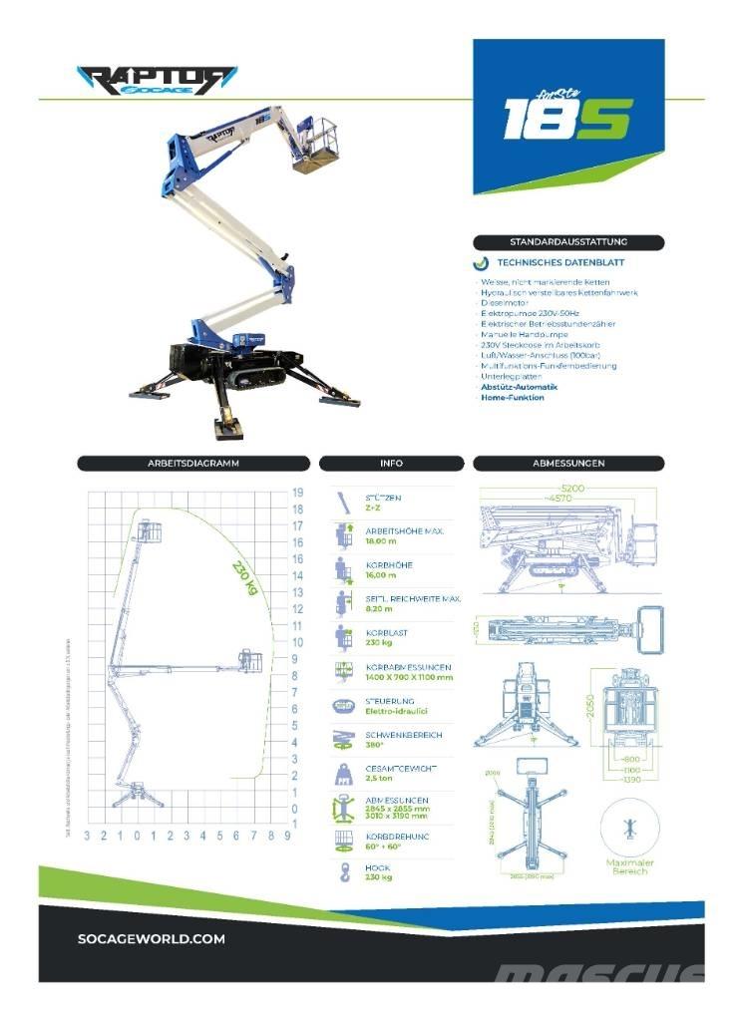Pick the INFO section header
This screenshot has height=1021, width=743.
391,463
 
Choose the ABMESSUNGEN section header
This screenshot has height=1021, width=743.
569,463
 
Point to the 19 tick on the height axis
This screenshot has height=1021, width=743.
297,493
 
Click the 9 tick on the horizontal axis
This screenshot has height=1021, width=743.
287,835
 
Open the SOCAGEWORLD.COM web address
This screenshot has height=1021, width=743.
151,938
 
